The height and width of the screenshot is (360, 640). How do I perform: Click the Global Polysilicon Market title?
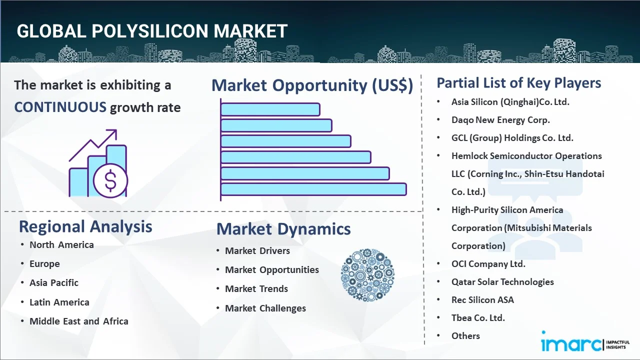(152, 31)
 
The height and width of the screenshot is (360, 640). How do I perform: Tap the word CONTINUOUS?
(60, 107)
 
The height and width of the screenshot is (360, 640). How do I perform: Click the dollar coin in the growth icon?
(110, 181)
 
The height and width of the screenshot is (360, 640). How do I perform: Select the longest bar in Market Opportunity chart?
(313, 189)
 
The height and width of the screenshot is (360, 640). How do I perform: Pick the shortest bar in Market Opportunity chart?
(270, 109)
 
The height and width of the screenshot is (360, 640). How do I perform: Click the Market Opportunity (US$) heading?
(312, 85)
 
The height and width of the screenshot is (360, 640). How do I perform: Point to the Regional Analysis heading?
(85, 226)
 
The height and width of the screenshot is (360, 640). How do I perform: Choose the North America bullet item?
(61, 245)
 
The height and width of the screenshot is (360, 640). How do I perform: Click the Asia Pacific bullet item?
(54, 283)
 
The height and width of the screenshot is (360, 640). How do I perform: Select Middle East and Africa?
(79, 321)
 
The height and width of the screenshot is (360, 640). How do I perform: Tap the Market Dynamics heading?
(283, 229)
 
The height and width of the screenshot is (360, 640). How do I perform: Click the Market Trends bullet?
(256, 289)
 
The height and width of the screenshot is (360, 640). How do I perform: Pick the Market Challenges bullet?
(265, 308)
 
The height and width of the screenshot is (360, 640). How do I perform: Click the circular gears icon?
(367, 275)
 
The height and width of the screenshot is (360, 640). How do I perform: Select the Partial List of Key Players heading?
(519, 82)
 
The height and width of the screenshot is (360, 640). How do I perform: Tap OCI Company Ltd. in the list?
(488, 264)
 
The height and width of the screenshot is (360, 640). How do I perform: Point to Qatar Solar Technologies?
(502, 282)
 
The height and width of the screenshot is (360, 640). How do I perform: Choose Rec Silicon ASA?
(482, 300)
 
